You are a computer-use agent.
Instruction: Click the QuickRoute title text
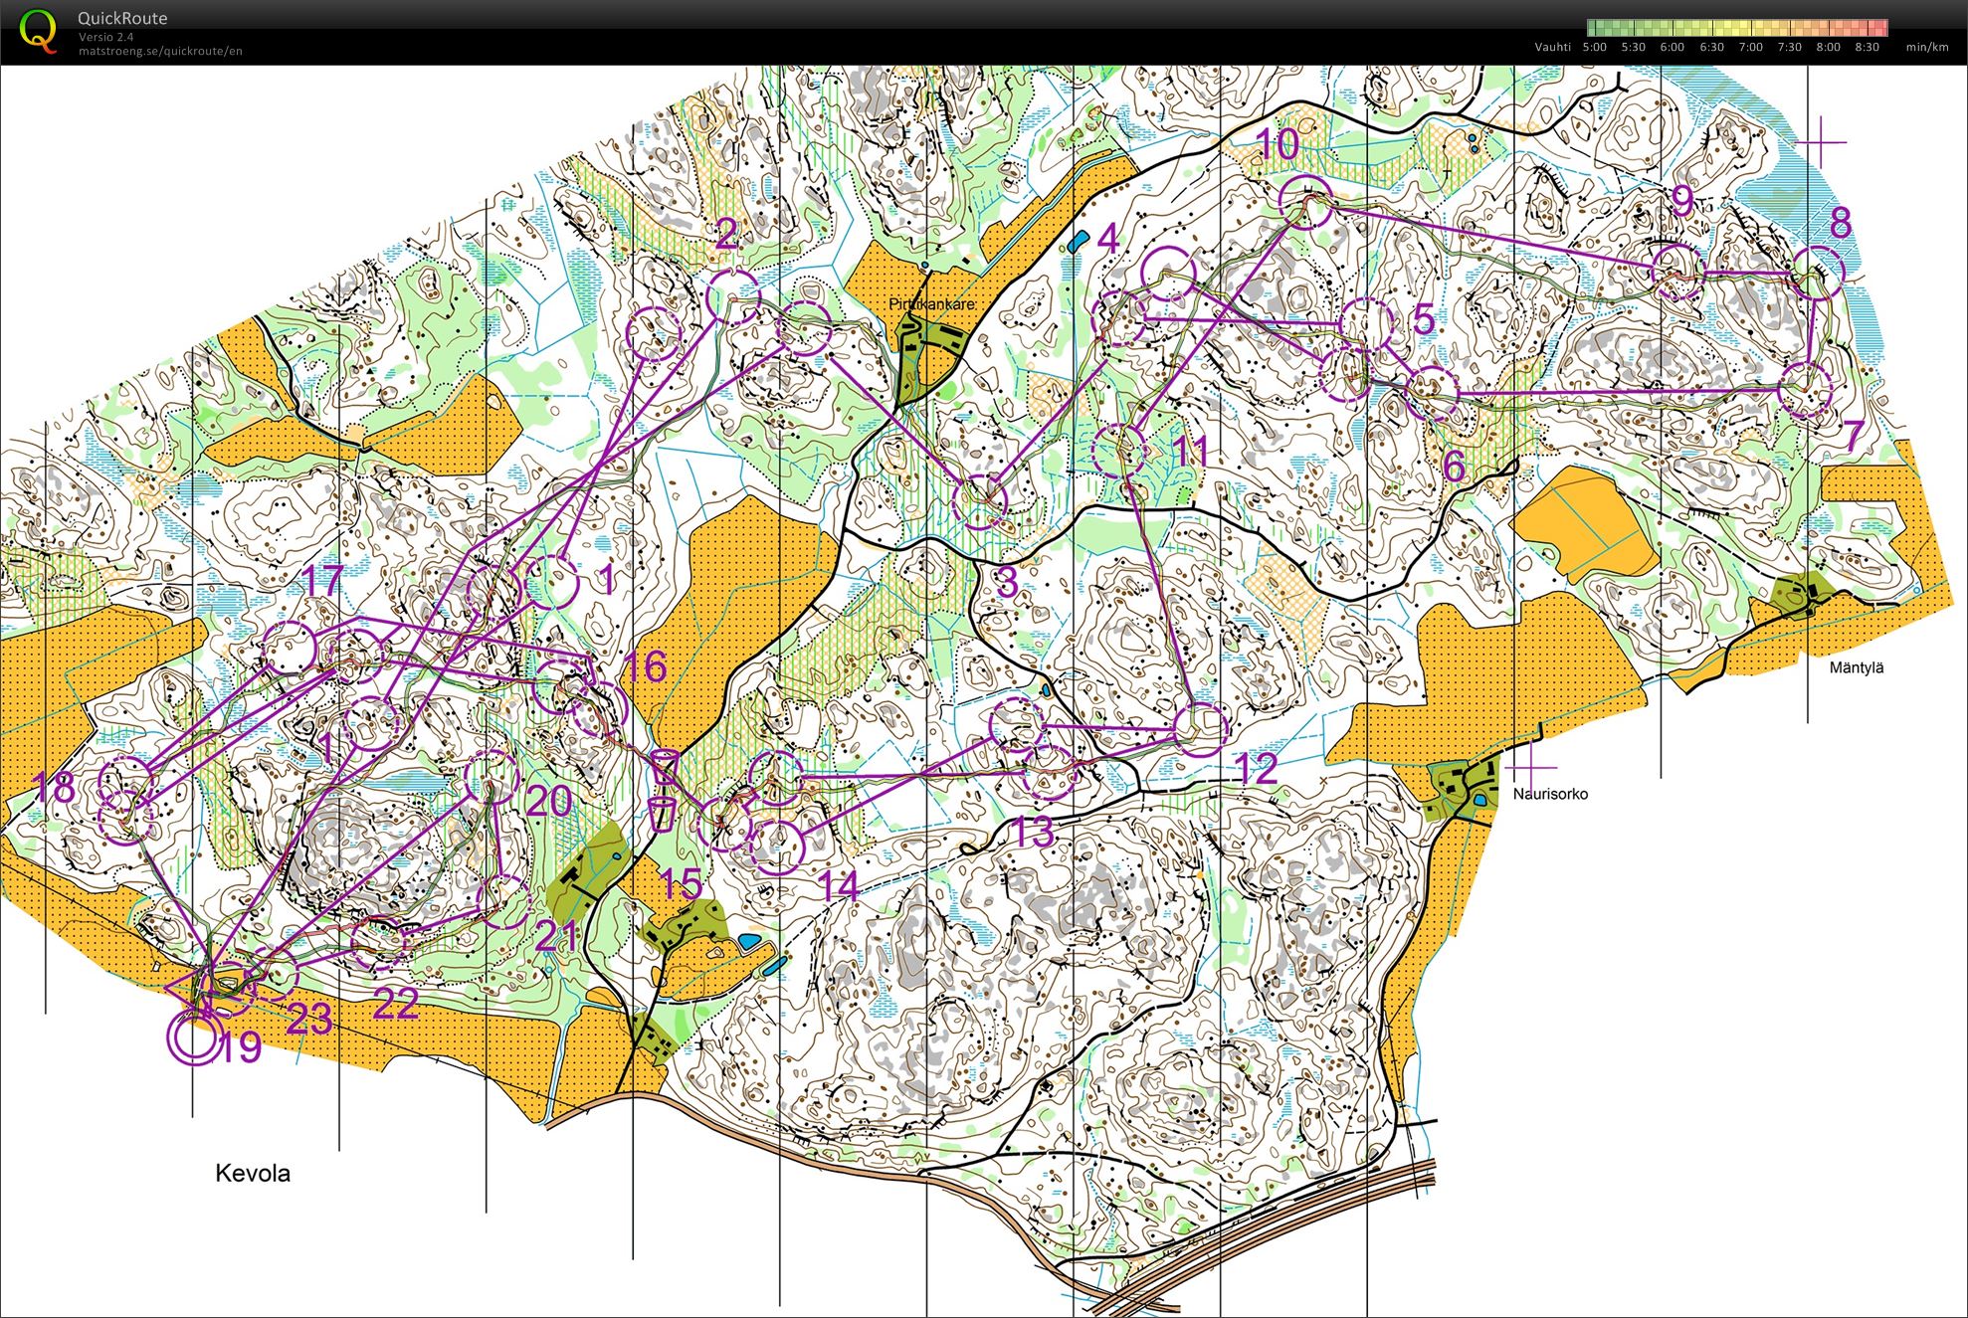(122, 18)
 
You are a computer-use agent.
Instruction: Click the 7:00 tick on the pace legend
(1749, 47)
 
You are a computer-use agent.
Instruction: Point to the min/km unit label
(1926, 47)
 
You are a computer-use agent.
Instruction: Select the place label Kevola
(253, 1173)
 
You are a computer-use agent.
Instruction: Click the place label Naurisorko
(1549, 794)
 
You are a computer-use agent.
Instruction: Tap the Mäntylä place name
(1856, 667)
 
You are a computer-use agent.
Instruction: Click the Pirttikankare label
(931, 303)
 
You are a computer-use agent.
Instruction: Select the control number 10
(1278, 145)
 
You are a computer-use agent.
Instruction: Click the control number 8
(1840, 223)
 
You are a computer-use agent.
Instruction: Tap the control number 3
(1006, 582)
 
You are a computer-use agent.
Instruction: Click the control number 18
(54, 789)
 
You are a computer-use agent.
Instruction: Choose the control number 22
(395, 1003)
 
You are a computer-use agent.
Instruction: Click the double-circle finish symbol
(193, 1037)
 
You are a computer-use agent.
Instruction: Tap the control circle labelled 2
(733, 296)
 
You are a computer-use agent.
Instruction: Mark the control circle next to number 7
(1804, 390)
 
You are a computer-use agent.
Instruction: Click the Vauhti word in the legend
(1552, 47)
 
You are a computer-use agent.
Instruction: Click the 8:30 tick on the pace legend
(1867, 47)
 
